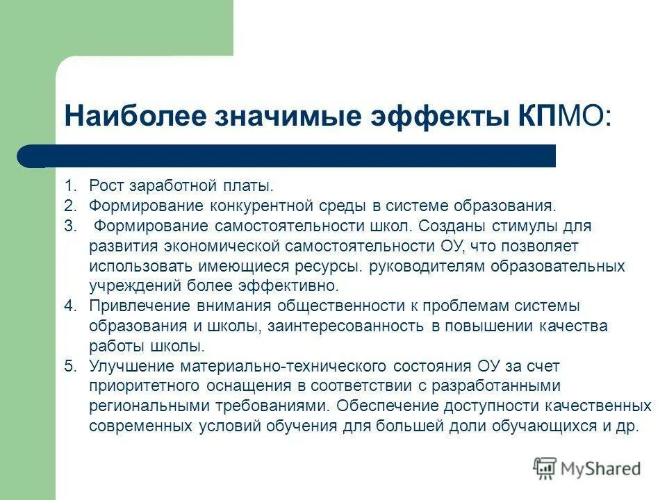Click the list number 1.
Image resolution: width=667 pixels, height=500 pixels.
coord(69,186)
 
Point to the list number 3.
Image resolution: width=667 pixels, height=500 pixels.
coord(69,226)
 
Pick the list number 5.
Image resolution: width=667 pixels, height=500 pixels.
coord(69,367)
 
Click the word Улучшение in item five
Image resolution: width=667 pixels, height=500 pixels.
coord(131,367)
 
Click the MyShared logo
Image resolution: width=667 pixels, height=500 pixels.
coord(587,469)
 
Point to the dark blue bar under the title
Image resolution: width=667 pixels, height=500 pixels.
coord(286,156)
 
